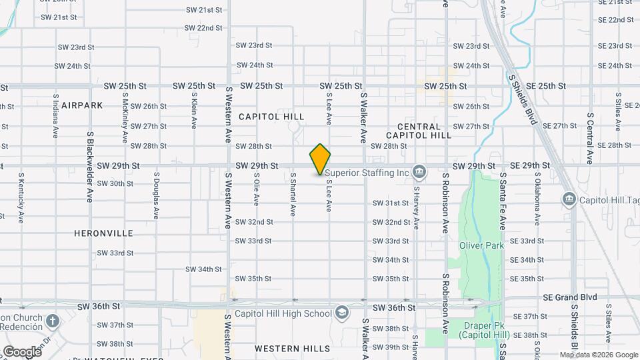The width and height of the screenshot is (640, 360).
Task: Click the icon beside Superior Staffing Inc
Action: coord(419,172)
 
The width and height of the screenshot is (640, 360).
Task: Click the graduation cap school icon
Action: coord(341,313)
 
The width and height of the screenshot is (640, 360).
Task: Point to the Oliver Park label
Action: coord(481,245)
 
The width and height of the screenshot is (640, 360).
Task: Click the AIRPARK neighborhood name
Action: coord(82,105)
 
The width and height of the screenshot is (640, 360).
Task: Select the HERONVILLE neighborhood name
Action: coord(104,233)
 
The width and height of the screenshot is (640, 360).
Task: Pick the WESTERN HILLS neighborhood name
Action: coord(292,349)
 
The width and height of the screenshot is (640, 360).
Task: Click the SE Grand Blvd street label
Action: coord(570,297)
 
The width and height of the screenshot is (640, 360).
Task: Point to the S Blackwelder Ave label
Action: coord(91,167)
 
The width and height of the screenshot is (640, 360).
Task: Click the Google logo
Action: coord(22,351)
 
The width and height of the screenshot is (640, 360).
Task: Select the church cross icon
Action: coord(53,321)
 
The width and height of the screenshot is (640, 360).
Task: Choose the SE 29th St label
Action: coord(531,165)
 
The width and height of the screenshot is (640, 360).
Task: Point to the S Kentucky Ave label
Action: coord(21,197)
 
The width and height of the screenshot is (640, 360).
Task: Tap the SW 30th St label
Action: coord(115,183)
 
